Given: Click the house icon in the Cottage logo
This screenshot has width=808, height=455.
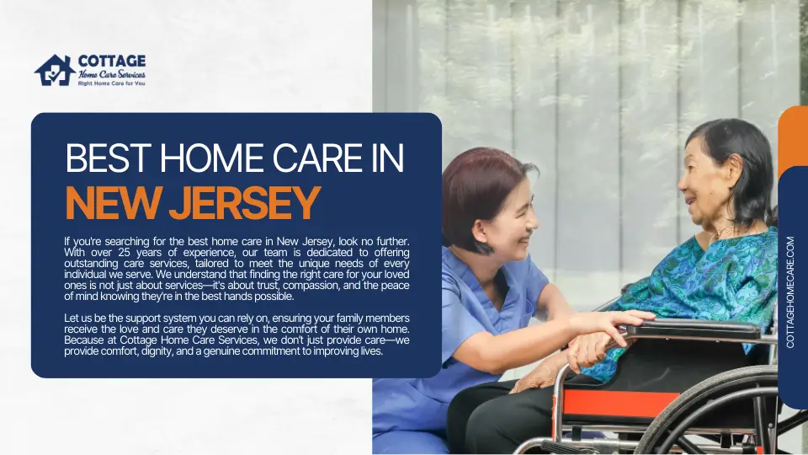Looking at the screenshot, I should pos(55,71).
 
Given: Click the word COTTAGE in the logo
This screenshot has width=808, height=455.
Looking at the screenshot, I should pos(111,62).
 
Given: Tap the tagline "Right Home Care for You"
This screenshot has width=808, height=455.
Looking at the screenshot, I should pos(111,83).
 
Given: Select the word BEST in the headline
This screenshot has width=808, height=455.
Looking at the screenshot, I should pos(99,160).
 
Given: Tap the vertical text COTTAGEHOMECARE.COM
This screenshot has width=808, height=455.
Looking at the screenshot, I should pos(791,292).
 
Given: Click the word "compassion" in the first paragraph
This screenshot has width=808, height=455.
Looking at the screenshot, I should pos(311,286).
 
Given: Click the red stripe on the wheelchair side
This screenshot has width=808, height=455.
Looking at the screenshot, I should pos(623,404).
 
